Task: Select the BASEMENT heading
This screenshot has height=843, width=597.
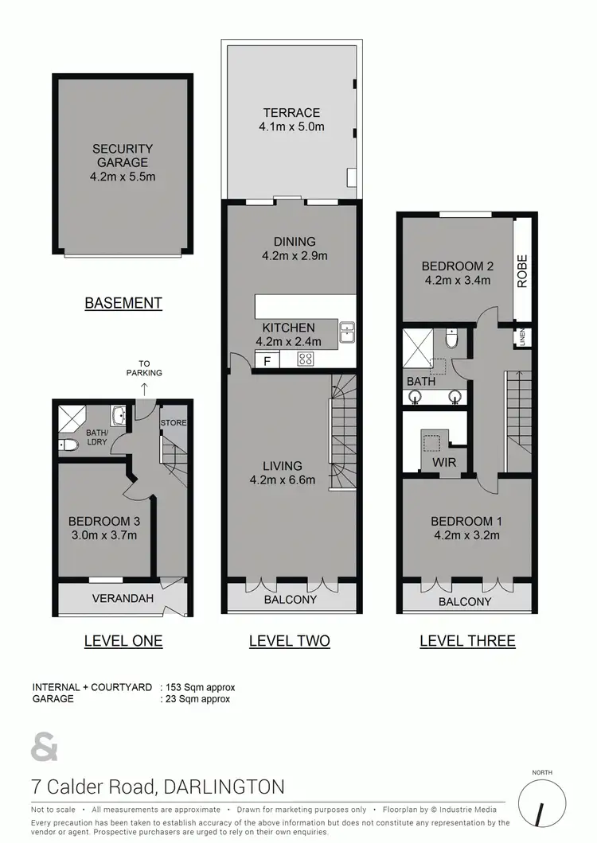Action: [x=123, y=303]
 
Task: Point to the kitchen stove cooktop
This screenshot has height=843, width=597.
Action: [x=306, y=359]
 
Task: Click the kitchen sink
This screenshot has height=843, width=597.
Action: [x=347, y=332]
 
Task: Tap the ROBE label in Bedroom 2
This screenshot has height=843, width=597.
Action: [x=523, y=270]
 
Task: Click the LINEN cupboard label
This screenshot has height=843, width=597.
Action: [x=524, y=337]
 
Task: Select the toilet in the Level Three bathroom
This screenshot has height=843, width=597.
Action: [x=451, y=340]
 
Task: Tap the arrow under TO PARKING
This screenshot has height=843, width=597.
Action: [x=143, y=388]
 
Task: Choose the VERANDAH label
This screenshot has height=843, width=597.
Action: [x=121, y=598]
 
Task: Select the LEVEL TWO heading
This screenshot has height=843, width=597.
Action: [x=289, y=641]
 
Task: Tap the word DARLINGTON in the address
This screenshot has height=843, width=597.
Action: [x=223, y=787]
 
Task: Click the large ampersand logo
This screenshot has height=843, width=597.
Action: [x=45, y=748]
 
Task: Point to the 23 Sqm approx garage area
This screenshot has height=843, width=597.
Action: [x=196, y=699]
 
